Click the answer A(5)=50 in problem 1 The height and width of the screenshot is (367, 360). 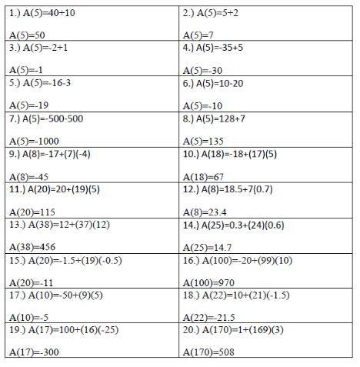28,35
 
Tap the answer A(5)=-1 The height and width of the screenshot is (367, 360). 26,70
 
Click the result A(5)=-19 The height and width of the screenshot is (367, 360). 29,105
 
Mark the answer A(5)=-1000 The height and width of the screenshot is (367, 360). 35,141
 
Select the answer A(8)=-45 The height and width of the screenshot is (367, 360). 29,176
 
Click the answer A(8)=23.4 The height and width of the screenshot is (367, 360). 204,212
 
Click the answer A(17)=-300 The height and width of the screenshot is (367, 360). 35,352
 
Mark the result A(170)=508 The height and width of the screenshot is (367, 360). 208,352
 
